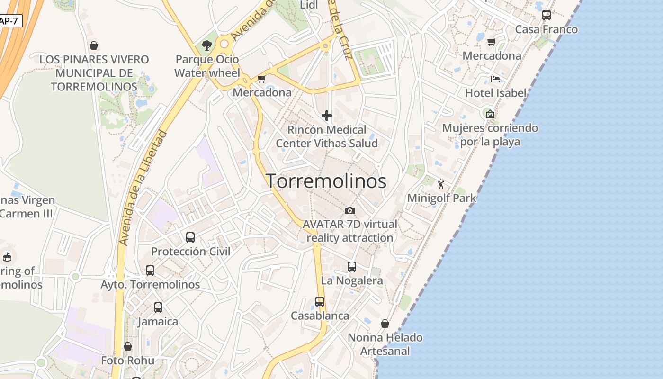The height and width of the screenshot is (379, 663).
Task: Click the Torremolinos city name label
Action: [326, 181]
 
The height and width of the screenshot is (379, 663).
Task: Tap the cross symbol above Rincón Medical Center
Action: [326, 115]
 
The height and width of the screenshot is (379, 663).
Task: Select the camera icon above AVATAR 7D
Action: [350, 210]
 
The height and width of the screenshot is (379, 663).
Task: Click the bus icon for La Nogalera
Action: [352, 267]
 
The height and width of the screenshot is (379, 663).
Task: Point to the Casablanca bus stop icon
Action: [320, 302]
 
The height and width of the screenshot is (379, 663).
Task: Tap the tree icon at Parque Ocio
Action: [206, 45]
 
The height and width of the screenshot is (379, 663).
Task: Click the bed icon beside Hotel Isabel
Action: [495, 79]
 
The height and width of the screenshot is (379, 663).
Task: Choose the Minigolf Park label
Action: [441, 198]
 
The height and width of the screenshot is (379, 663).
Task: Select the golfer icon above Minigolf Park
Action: [441, 184]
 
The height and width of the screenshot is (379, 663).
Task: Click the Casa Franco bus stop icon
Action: [547, 15]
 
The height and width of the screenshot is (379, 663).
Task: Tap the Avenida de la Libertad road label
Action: [143, 188]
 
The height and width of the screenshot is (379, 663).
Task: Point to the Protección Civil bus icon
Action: [190, 237]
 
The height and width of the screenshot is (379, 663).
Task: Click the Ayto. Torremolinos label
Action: [150, 285]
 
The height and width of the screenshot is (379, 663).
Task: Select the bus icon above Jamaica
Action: [158, 307]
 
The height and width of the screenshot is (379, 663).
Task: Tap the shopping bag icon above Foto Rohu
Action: [127, 346]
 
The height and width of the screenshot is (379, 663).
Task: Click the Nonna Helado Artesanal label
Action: [385, 344]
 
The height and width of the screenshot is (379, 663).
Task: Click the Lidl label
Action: [309, 5]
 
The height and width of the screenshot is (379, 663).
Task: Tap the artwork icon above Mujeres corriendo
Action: [490, 114]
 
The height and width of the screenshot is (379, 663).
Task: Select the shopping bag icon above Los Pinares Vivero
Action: [94, 45]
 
